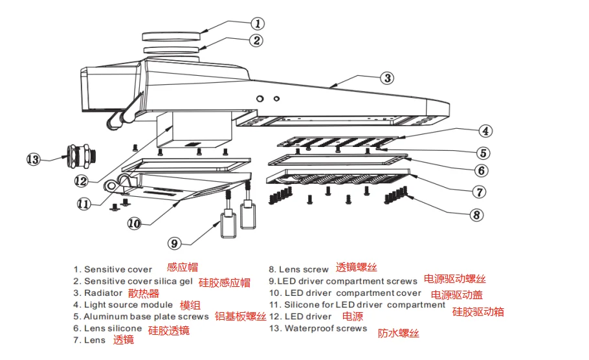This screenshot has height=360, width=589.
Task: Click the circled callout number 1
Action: pos(258,23)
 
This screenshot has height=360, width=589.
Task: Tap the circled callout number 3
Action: pos(386,78)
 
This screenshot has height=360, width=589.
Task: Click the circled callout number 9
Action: pos(174,243)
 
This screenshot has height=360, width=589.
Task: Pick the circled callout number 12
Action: pos(80,181)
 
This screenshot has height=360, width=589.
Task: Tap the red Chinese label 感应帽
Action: pos(183,267)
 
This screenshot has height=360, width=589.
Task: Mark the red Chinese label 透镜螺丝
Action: pos(357,267)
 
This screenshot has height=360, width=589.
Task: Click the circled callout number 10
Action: pos(134,223)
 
